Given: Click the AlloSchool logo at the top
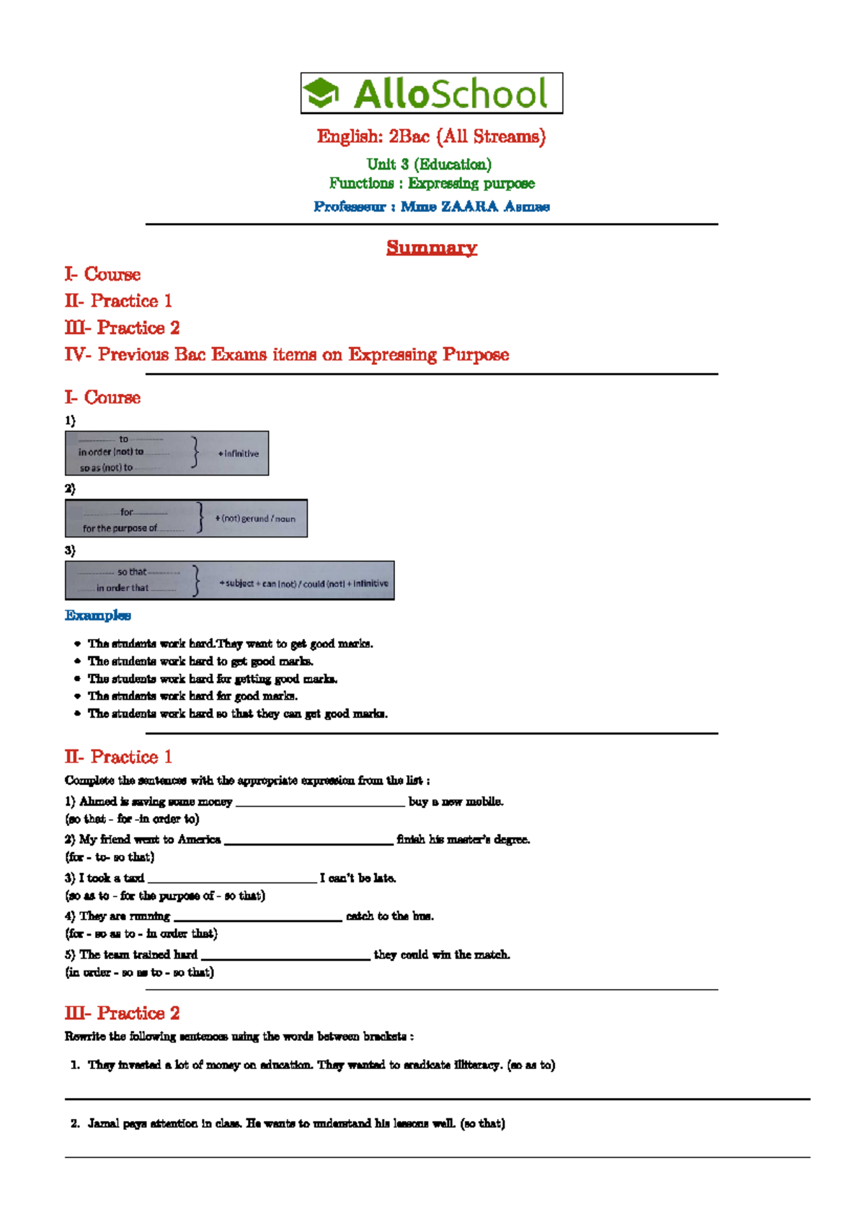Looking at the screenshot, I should pyautogui.click(x=431, y=93).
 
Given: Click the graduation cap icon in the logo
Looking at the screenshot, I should pyautogui.click(x=321, y=93).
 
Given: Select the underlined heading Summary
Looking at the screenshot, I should pyautogui.click(x=431, y=247).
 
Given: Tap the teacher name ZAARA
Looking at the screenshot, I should pyautogui.click(x=469, y=207).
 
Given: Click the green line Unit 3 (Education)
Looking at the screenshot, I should pyautogui.click(x=429, y=164).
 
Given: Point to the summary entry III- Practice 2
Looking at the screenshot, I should pyautogui.click(x=122, y=328).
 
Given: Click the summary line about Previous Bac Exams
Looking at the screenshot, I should pyautogui.click(x=286, y=354).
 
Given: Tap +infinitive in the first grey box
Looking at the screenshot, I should pyautogui.click(x=239, y=454).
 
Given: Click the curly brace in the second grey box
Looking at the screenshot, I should pyautogui.click(x=200, y=518).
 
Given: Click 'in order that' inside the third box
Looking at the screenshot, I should pyautogui.click(x=123, y=588).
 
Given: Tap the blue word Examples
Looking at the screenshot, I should pyautogui.click(x=98, y=615).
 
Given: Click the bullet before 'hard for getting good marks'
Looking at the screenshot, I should pyautogui.click(x=77, y=679).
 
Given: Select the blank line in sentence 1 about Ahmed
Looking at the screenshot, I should pyautogui.click(x=320, y=803).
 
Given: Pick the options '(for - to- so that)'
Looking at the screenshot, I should pyautogui.click(x=110, y=857).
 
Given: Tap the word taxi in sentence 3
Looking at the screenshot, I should pyautogui.click(x=134, y=878).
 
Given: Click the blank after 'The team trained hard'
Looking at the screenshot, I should pyautogui.click(x=285, y=957).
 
